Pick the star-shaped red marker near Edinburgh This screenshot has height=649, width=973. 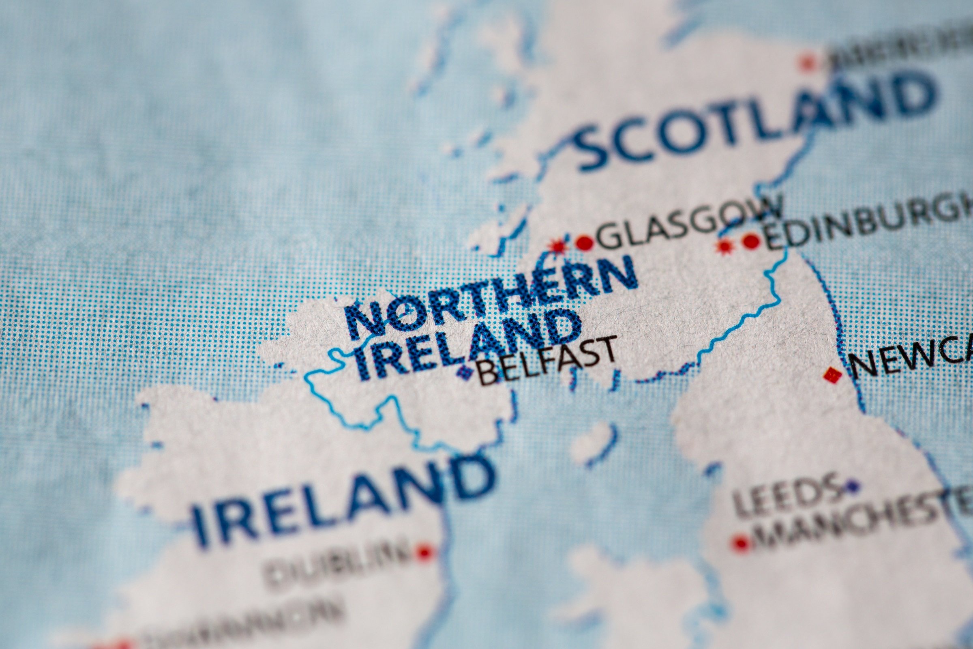[x=724, y=247]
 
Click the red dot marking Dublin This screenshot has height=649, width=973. [x=424, y=551]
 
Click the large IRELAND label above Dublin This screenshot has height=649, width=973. [x=339, y=499]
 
